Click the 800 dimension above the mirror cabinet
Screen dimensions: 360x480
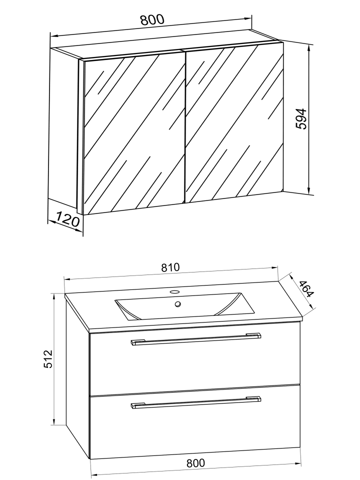[152, 19]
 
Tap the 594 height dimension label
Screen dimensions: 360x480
[301, 119]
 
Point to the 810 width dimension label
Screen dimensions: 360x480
[170, 267]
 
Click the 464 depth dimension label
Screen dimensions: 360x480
[306, 288]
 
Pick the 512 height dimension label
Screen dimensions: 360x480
[48, 359]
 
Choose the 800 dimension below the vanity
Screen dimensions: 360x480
[195, 463]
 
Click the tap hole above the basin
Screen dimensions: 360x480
[174, 291]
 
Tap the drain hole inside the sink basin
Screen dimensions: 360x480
[178, 304]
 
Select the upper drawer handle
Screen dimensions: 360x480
[196, 339]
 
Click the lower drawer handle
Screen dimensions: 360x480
[196, 402]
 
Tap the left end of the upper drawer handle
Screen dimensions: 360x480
[133, 343]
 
